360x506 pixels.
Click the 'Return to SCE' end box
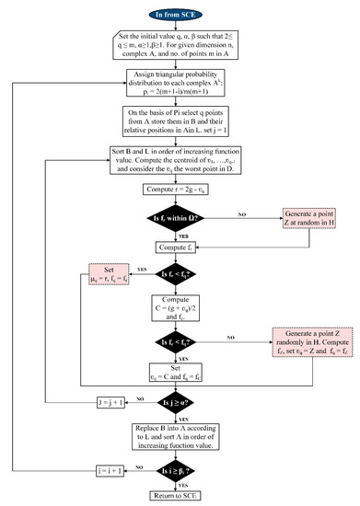click(180, 497)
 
